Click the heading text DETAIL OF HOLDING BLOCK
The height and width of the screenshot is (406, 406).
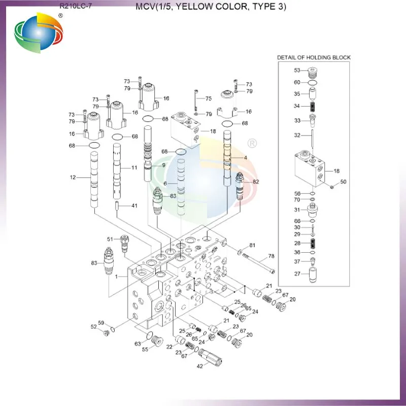coord(314,57)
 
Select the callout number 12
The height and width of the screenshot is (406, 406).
coord(74,177)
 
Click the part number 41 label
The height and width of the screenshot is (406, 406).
coord(134,206)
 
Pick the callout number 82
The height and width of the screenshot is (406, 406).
coord(256,181)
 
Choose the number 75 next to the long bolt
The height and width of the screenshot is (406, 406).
coord(208,98)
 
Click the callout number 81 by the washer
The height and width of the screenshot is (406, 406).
coord(252,246)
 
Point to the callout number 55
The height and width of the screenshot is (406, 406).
coord(145,349)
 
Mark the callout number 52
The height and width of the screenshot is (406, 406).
coord(93,326)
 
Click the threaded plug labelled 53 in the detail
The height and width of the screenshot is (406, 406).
coord(314,72)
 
